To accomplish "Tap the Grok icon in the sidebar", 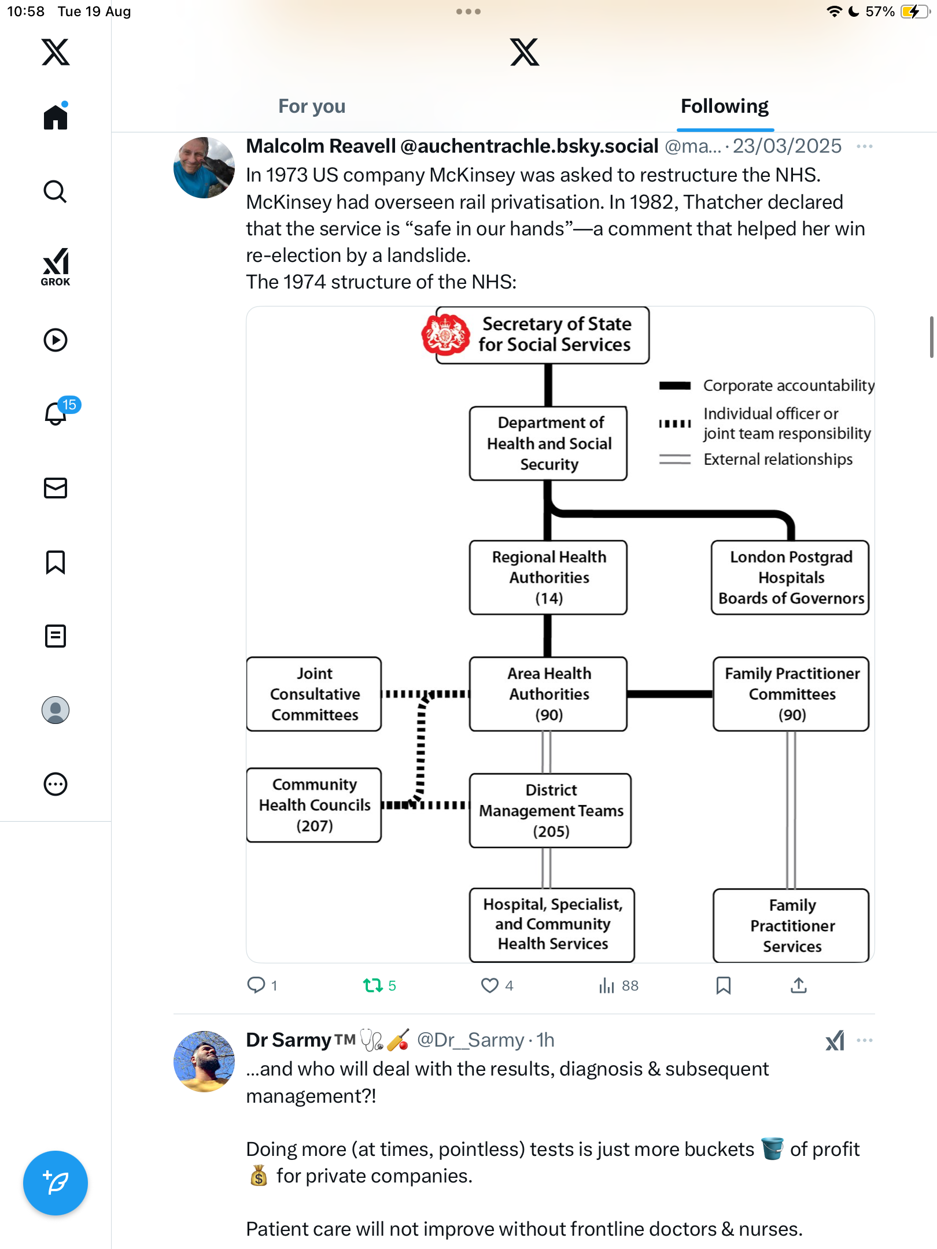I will (56, 266).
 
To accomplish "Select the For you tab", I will (312, 106).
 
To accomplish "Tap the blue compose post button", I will (56, 1183).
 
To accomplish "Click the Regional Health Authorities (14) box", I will (548, 577).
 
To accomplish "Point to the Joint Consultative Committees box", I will (314, 694).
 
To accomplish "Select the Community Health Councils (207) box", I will (314, 805).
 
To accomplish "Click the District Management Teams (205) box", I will (550, 811).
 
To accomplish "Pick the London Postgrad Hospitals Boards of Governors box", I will (790, 577).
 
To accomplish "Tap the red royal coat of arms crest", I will (445, 334).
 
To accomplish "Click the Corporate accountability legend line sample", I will (674, 386).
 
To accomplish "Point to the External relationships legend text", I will (778, 459).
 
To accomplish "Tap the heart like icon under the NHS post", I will (490, 985).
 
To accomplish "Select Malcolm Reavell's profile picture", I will (204, 168).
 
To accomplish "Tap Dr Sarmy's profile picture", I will (204, 1061).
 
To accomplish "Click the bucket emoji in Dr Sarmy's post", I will (772, 1149).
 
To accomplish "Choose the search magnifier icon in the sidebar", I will (56, 191).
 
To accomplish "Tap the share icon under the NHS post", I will (799, 985).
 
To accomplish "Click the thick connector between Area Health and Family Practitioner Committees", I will (670, 694).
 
